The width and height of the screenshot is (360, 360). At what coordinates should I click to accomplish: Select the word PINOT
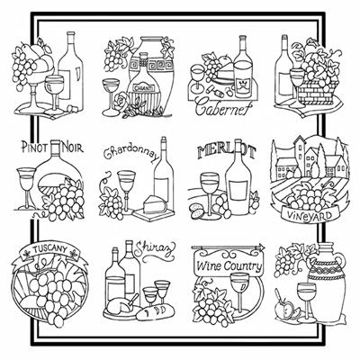click(x=35, y=148)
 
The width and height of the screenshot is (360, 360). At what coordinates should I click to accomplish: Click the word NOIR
click(x=72, y=147)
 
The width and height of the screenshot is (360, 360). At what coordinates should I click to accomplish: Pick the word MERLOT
click(x=227, y=151)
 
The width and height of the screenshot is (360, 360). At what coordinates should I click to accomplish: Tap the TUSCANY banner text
click(x=49, y=248)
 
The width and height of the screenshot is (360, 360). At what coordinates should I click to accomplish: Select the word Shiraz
click(x=155, y=248)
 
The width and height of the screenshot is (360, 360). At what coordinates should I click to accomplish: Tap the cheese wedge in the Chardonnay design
click(x=155, y=204)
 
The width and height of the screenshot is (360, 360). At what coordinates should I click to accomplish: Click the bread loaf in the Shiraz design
click(x=155, y=312)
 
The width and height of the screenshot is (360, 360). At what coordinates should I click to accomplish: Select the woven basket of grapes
click(x=318, y=92)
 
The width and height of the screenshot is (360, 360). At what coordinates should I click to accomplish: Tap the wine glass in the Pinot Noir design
click(x=26, y=188)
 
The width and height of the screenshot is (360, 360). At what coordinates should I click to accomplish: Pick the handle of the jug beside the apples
click(x=340, y=265)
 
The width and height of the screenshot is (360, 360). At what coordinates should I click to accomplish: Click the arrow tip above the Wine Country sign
click(x=264, y=247)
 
